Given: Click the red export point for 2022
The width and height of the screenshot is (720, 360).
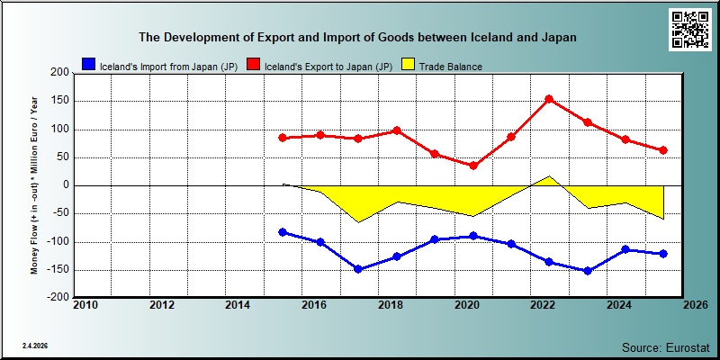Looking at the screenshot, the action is point(549,99).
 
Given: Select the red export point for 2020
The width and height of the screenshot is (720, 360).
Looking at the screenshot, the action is point(473,166).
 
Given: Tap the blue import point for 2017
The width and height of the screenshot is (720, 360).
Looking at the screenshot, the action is point(358,269).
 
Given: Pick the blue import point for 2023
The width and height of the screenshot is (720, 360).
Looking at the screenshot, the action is point(588,271).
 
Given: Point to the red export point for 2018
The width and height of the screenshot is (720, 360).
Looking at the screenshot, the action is point(397,130).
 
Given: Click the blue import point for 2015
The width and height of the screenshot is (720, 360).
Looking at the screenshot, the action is point(283,232).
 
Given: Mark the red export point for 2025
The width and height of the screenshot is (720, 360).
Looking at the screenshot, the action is point(663,150).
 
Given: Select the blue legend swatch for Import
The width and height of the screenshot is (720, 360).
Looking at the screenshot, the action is point(88,65).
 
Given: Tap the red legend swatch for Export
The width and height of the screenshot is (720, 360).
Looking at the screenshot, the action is point(254,65).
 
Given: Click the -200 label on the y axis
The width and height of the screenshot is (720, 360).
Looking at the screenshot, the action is point(58,297).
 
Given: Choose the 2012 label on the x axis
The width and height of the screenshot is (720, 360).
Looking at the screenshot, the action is point(162,305).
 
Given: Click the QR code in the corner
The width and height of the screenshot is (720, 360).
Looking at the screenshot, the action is point(688,30).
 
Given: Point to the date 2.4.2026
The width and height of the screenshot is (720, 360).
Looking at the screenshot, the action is point(35,346).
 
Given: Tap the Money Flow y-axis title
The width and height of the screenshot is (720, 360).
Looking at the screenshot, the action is point(34,185).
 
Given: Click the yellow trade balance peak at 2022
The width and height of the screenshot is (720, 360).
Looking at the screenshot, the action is point(550,175).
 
